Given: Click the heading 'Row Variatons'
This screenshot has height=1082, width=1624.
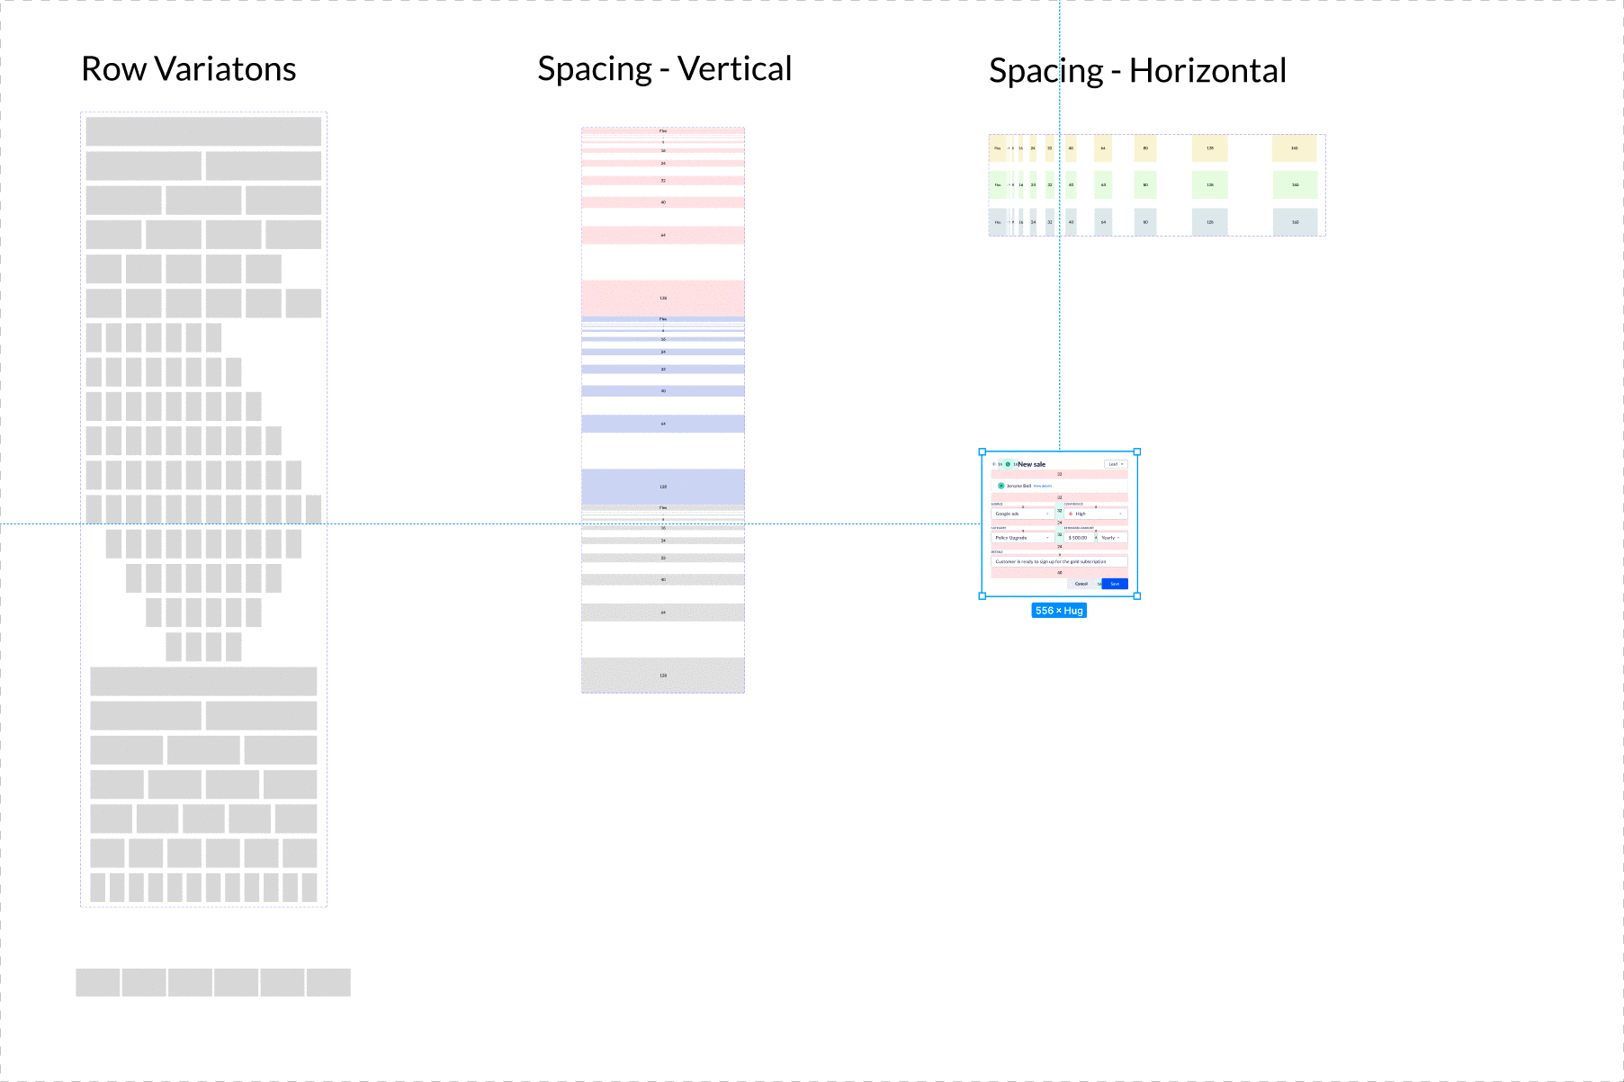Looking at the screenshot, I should pos(188,69).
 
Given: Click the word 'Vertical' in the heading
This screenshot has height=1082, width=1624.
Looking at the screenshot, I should pos(734,68).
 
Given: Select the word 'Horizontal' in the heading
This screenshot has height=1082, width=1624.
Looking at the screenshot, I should pos(1207,71).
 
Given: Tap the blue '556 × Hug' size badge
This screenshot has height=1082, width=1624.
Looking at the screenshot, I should pos(1059,611).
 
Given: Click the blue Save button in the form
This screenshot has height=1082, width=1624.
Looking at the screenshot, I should pos(1115,584).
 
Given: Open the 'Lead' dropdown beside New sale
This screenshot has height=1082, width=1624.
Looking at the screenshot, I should pos(1115,464).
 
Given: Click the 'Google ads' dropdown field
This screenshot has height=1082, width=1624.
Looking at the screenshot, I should pos(1022,514).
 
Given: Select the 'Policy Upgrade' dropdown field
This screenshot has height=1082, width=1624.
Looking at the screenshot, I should pos(1022,538).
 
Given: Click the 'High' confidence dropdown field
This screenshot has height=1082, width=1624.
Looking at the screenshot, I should pos(1096,514).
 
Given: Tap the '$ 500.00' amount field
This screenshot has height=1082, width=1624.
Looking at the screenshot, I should pos(1078,538).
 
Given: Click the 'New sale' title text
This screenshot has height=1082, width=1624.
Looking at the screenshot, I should pos(1032,464).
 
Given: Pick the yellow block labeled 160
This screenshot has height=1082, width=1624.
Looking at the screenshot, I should pos(1294,148).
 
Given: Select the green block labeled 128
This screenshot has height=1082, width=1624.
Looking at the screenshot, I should pos(1209,185).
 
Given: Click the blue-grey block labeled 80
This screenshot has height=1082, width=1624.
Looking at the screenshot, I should pos(1145,222).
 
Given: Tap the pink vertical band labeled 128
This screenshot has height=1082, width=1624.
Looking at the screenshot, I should pos(663,298).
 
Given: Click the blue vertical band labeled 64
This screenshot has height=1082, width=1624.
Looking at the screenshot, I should pos(663,424).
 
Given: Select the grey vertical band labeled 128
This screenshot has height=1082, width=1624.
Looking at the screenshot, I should pos(663,675).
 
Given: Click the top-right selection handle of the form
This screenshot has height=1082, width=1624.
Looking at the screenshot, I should pos(1137,452).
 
